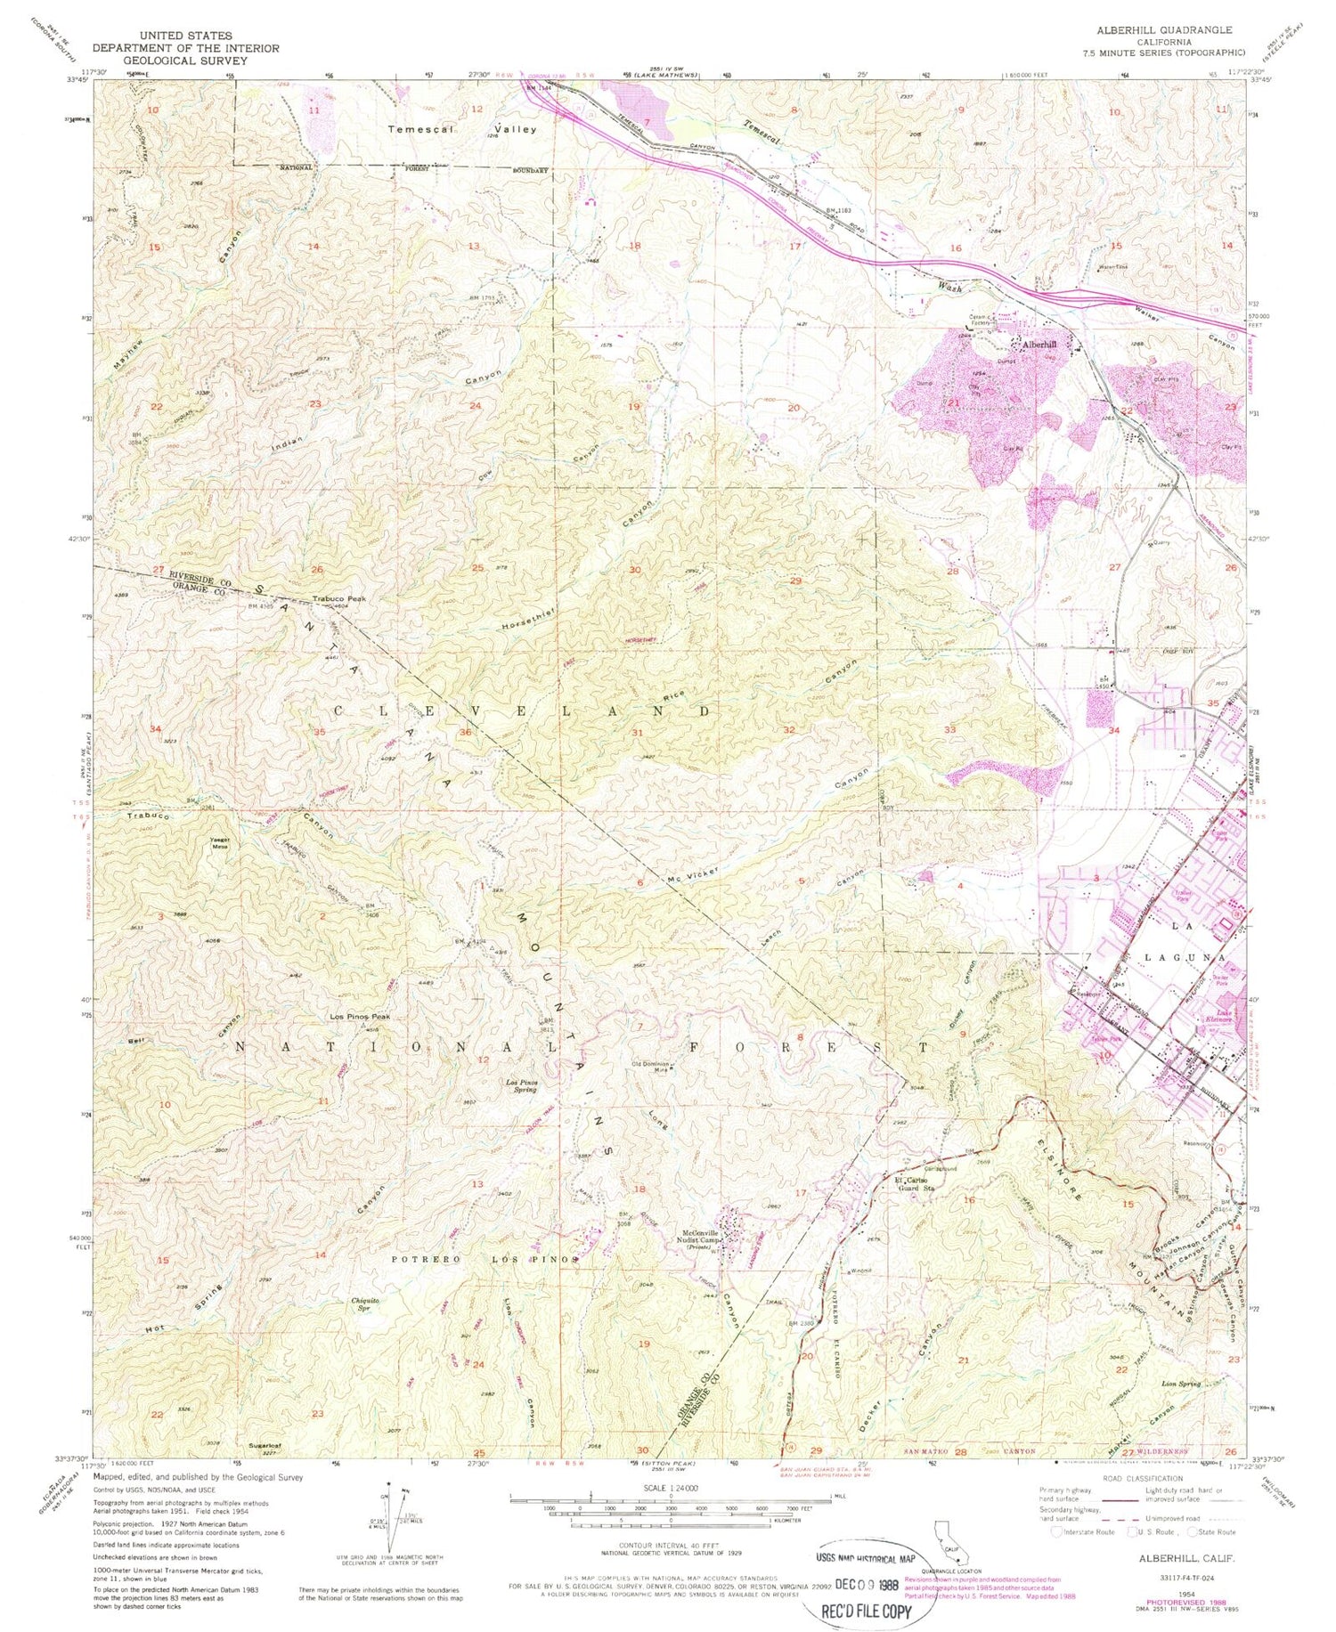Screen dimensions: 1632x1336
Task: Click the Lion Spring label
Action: [1181, 1384]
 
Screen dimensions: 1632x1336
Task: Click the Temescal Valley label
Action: [462, 129]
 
